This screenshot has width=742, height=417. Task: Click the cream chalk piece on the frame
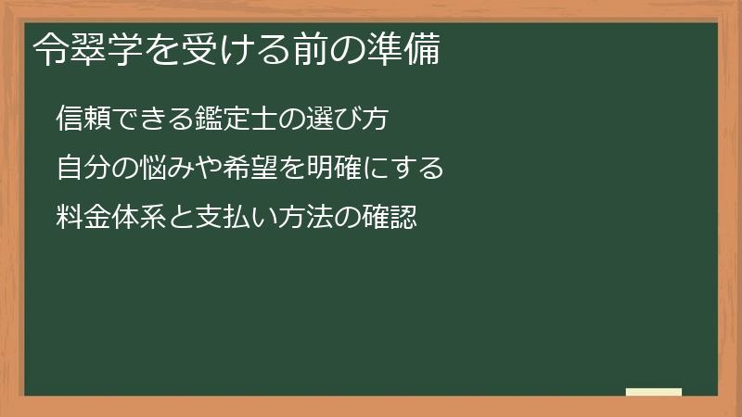click(654, 392)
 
